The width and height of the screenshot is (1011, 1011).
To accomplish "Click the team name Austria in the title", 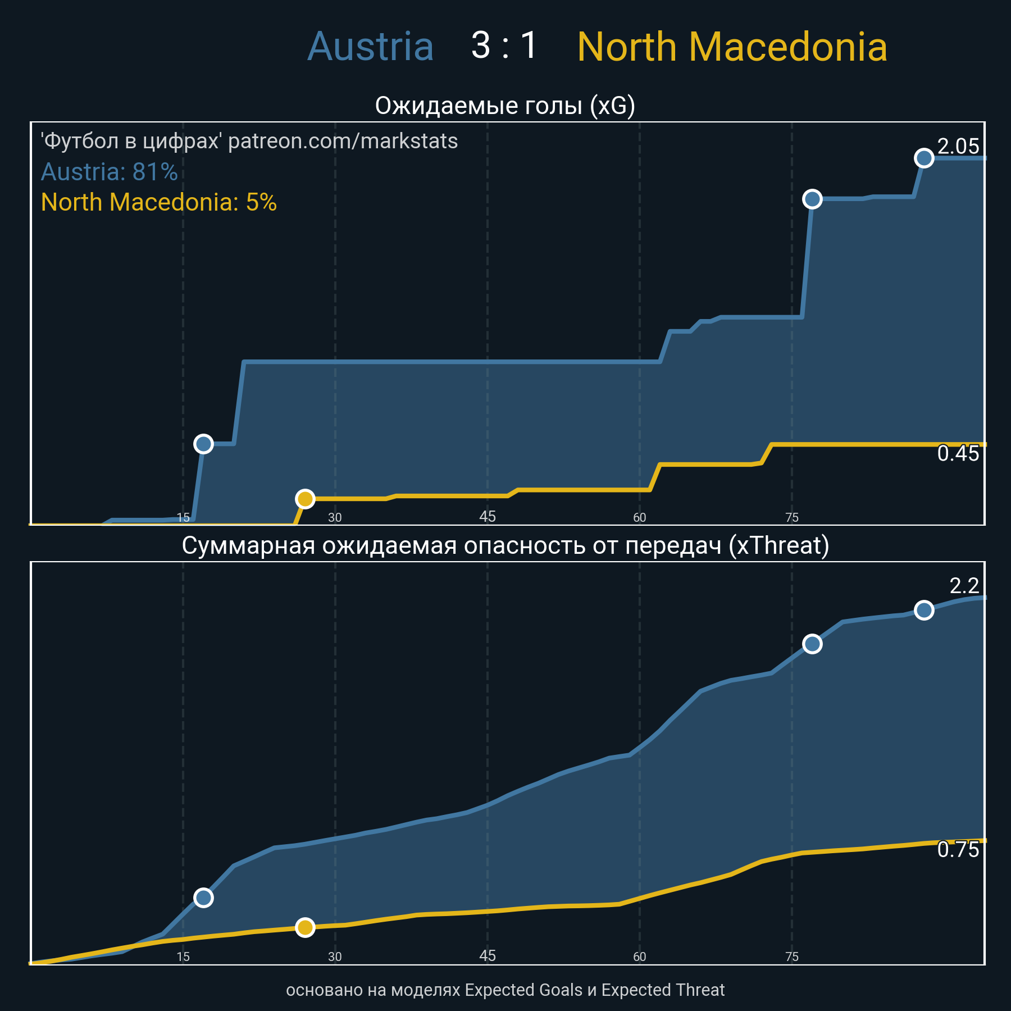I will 371,47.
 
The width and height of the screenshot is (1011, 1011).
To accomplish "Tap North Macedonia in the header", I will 732,47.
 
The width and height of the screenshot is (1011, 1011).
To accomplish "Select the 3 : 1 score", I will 504,45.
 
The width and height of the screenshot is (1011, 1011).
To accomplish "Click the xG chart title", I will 505,106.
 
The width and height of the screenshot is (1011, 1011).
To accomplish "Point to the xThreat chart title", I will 505,545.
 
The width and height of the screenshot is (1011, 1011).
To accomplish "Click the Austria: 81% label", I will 110,172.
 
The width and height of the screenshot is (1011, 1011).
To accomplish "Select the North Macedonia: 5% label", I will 159,202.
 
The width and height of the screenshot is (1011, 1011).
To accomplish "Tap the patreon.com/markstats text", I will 343,141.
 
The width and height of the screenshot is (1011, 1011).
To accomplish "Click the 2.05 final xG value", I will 958,147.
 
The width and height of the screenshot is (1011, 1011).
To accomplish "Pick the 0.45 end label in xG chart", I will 958,454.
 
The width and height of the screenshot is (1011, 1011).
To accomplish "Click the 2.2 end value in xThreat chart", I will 964,586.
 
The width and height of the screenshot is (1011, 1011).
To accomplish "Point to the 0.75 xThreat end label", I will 958,850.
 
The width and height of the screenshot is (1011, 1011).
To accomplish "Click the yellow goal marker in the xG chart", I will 305,499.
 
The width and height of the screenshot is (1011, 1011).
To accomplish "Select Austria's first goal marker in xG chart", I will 203,444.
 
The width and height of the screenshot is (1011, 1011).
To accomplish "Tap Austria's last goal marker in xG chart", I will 924,158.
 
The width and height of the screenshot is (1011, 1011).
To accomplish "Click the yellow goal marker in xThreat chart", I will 305,927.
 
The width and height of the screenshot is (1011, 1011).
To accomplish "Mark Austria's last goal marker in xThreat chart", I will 924,610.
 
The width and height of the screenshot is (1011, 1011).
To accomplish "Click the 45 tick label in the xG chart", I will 488,517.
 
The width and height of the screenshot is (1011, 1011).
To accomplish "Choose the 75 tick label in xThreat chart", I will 792,957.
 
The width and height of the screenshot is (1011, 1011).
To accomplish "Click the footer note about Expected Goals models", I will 505,990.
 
